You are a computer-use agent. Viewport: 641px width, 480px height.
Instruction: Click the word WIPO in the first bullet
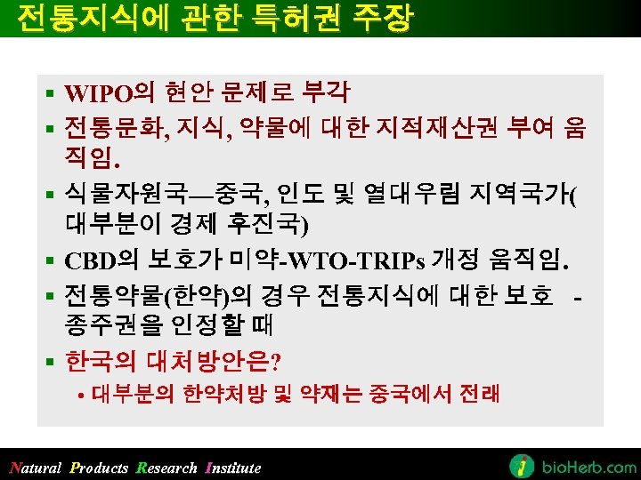point(98,92)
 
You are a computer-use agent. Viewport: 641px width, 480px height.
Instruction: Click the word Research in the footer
point(167,468)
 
